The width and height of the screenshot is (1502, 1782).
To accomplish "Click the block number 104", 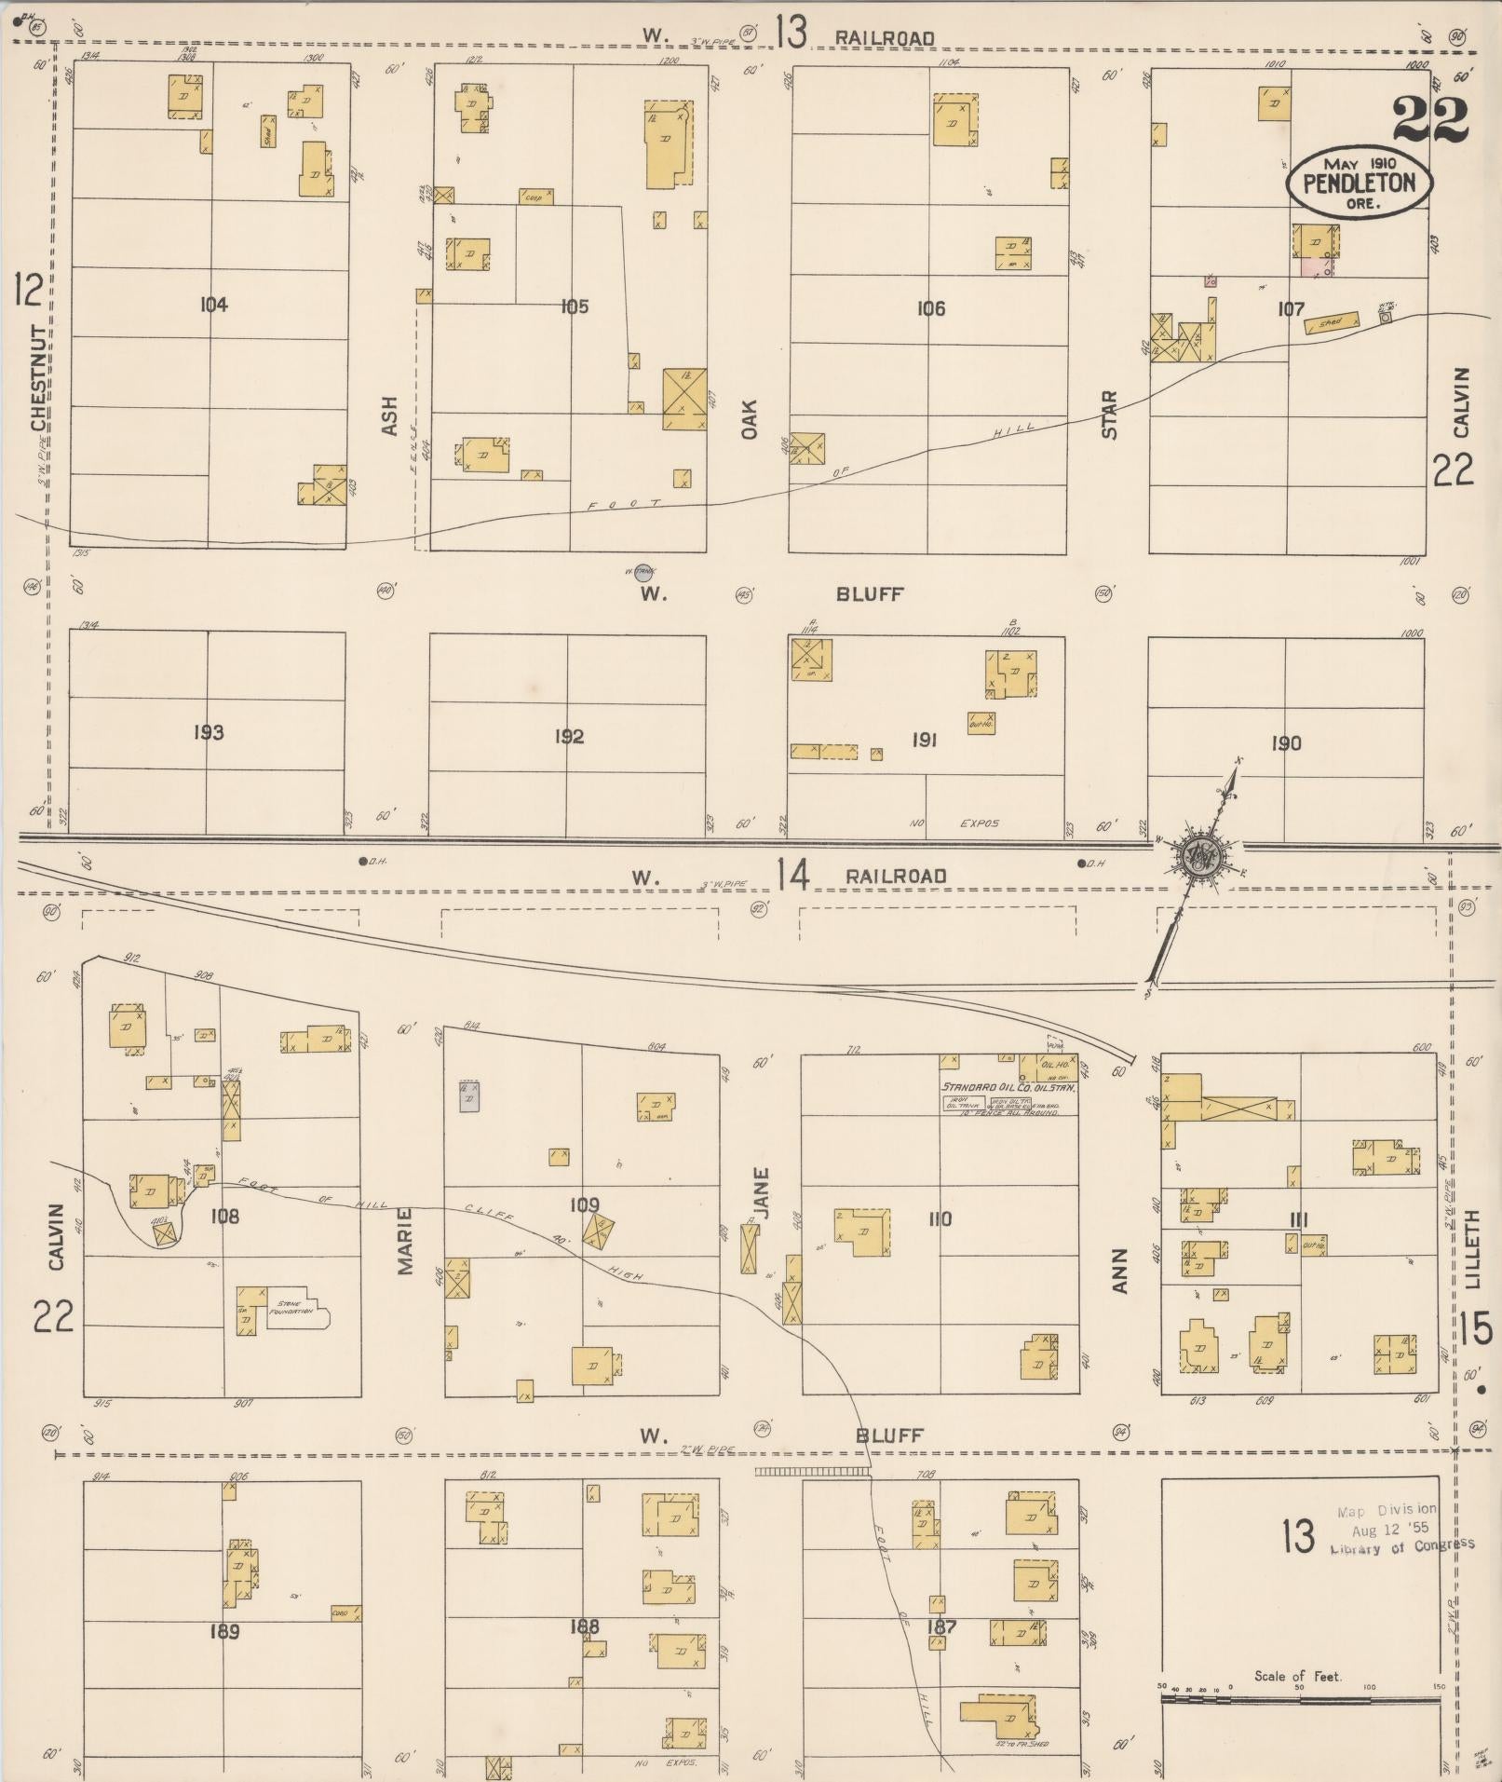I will (x=213, y=305).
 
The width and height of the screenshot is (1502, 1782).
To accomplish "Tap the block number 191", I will (x=924, y=741).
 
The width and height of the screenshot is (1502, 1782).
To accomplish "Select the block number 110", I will (x=940, y=1218).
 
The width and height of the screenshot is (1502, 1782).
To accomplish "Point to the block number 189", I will (x=225, y=1631).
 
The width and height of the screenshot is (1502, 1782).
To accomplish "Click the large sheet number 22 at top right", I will (x=1430, y=120).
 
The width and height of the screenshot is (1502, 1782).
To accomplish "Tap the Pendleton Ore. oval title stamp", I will (x=1359, y=183).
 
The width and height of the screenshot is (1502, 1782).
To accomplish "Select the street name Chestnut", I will (x=39, y=377).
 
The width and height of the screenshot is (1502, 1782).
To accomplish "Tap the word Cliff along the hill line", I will (x=483, y=1213).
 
